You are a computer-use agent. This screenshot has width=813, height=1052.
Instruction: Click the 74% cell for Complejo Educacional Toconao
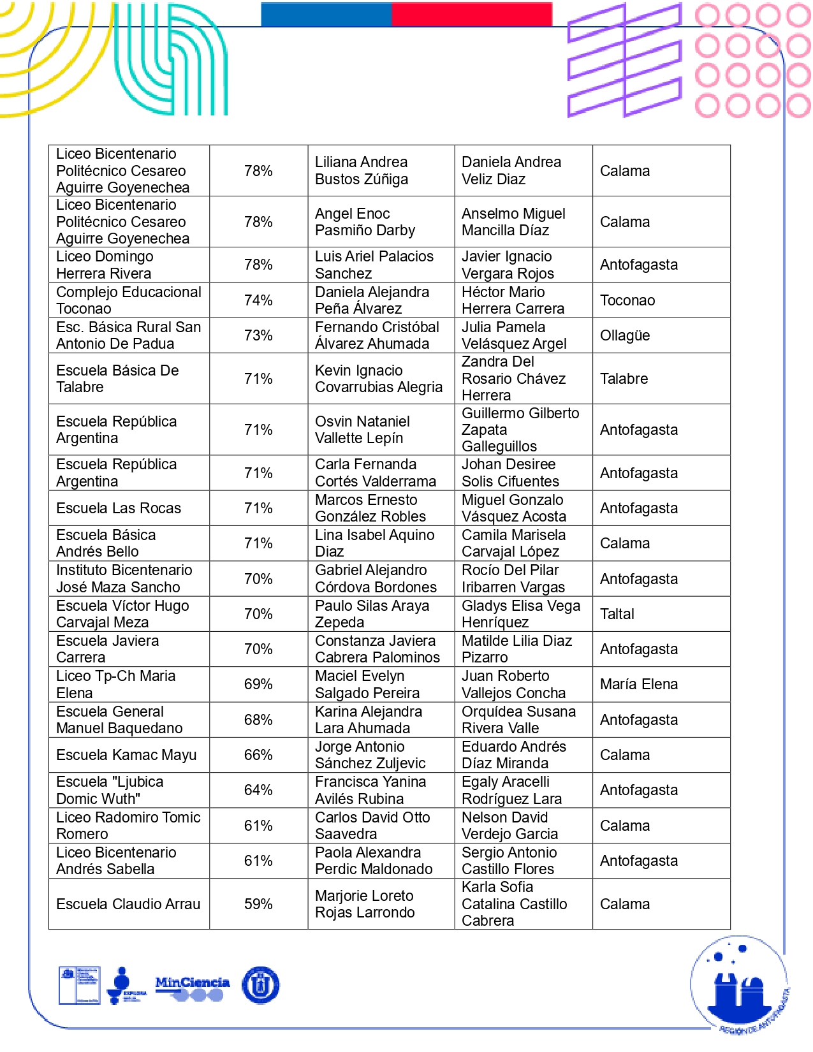(258, 300)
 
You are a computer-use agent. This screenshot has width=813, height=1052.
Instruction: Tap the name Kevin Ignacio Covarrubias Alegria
(378, 379)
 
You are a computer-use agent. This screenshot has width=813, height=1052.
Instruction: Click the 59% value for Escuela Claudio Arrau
(258, 904)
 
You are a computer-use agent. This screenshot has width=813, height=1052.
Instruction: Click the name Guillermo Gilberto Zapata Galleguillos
(520, 430)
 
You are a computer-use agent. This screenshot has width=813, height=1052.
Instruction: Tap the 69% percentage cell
(258, 684)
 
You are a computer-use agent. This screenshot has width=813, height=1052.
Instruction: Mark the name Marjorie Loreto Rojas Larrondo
(365, 904)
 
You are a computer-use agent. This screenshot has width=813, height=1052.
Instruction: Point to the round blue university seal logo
(261, 985)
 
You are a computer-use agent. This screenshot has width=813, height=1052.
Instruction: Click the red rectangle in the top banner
(471, 14)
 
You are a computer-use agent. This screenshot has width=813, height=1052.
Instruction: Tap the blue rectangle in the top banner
(326, 14)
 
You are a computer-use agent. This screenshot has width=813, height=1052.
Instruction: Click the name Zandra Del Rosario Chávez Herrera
(513, 379)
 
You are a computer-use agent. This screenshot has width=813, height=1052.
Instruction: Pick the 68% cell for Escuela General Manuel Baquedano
(258, 720)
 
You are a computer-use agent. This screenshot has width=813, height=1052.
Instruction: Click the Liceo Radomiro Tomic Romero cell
(128, 826)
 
